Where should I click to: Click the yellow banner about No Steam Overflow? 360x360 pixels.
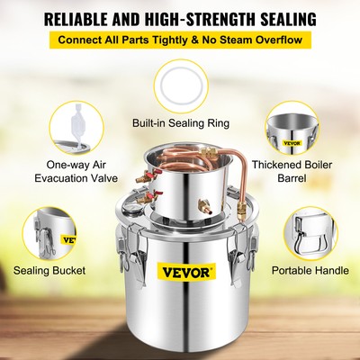coord(180,41)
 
